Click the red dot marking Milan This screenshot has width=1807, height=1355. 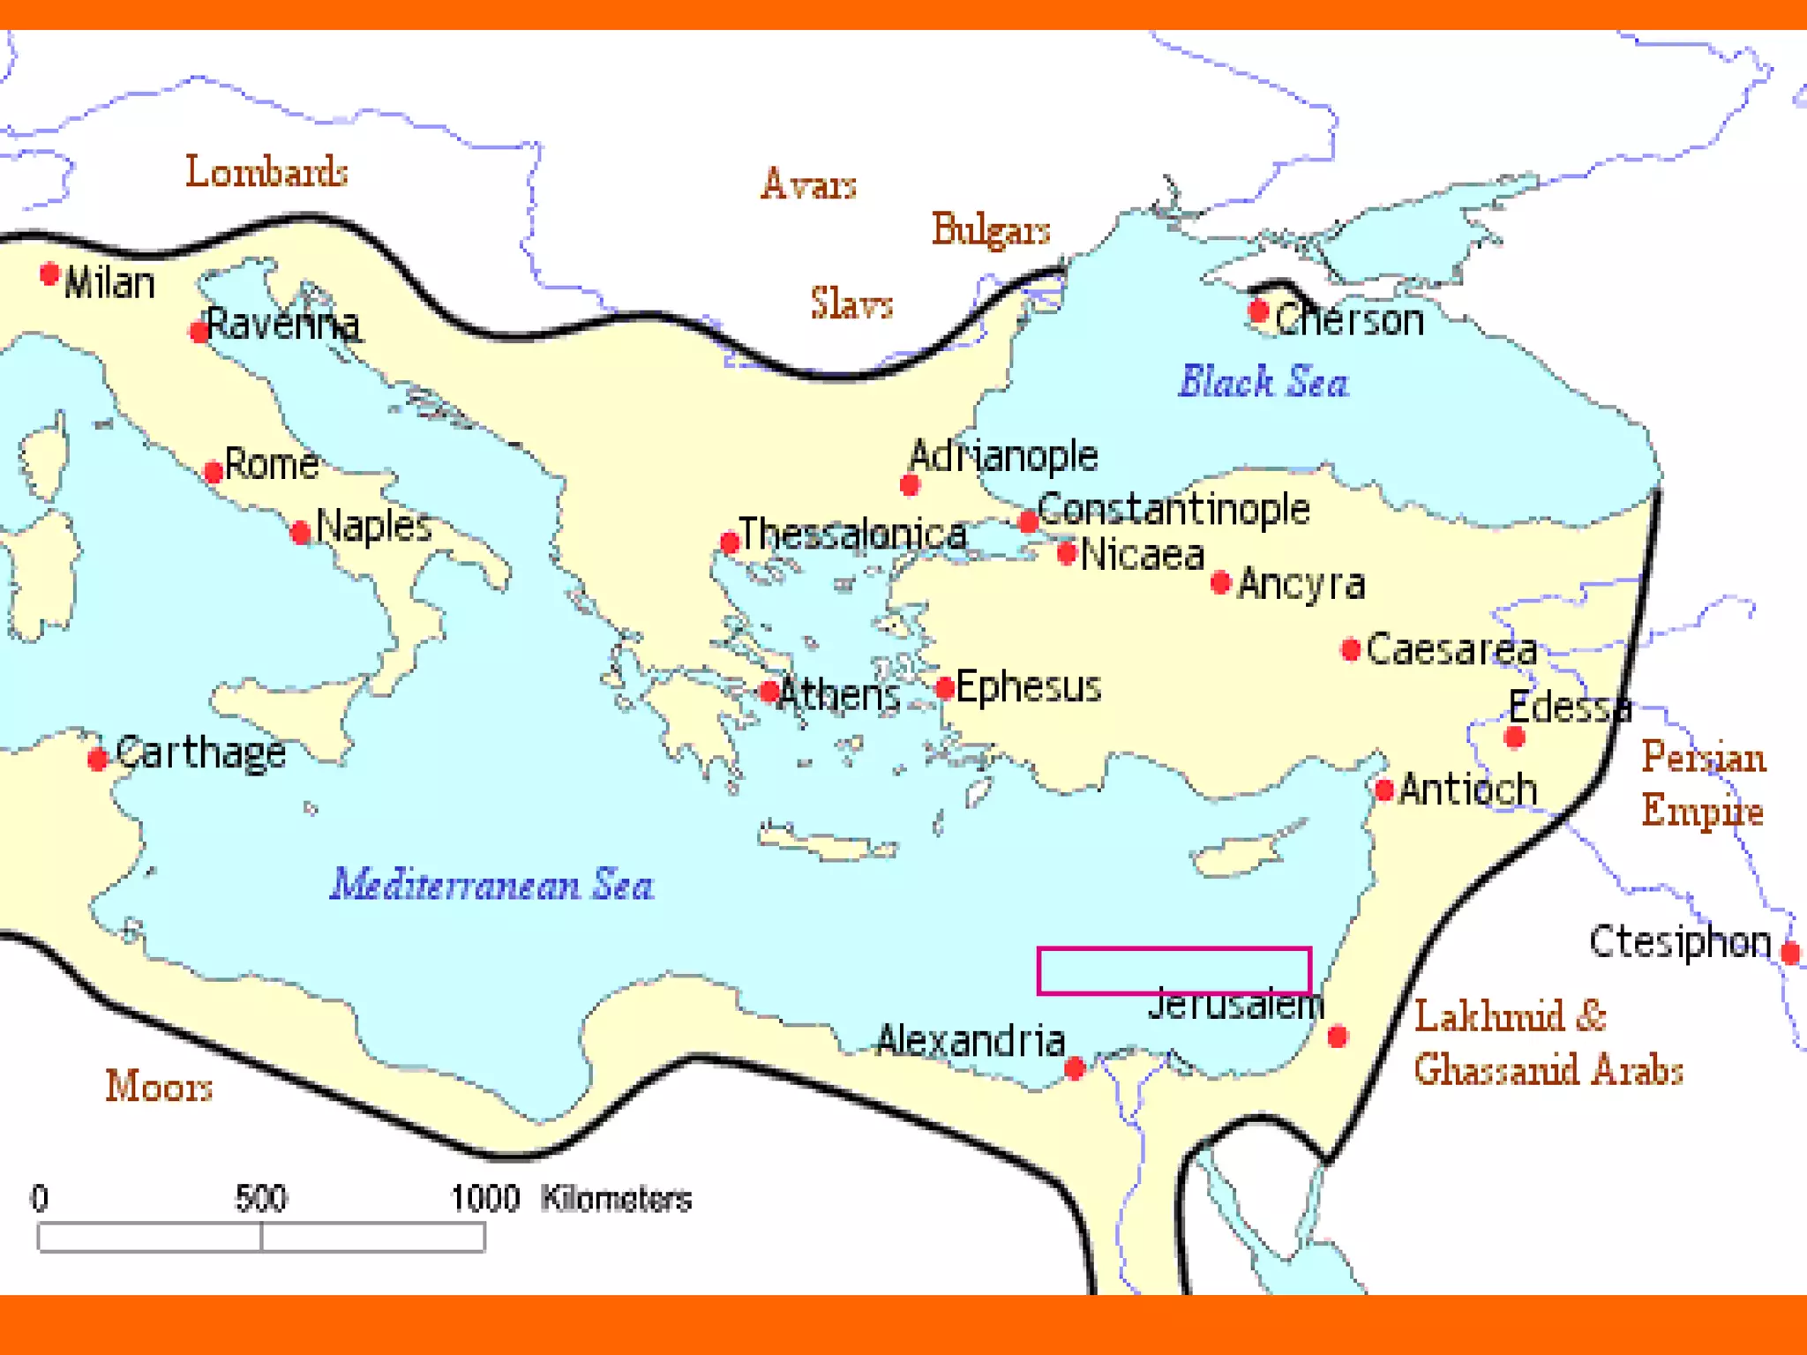[49, 274]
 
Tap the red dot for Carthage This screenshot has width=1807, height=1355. [98, 759]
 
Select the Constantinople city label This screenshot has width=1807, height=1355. [1173, 509]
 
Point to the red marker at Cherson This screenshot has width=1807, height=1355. [1259, 311]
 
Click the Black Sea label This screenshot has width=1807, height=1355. [1263, 382]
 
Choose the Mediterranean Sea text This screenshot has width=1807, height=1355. [491, 885]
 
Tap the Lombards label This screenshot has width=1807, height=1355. [266, 172]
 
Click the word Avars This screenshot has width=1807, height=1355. [808, 185]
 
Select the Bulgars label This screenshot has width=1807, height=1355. [991, 230]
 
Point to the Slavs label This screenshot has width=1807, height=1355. [851, 304]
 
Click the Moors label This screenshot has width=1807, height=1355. [159, 1087]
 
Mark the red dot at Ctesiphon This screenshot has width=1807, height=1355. [1790, 953]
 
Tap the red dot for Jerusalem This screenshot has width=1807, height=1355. [1338, 1037]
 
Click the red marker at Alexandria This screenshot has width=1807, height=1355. [1075, 1069]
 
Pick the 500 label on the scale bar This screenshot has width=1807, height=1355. [261, 1199]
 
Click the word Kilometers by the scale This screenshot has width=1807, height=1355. [616, 1199]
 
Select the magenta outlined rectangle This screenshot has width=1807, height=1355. [1173, 970]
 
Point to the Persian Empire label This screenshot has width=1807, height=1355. [1703, 784]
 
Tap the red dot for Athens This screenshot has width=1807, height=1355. [769, 692]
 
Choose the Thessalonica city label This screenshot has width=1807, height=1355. [852, 535]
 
